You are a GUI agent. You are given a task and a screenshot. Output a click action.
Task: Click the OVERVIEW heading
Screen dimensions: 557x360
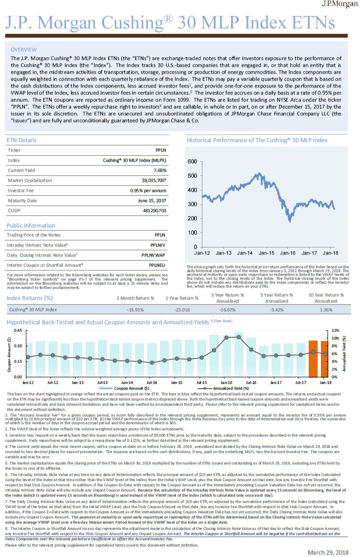tap(24, 49)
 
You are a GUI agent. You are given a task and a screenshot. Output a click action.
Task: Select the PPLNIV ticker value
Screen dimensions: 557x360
tap(158, 245)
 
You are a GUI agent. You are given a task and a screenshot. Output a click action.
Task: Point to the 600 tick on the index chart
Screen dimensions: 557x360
tap(192, 162)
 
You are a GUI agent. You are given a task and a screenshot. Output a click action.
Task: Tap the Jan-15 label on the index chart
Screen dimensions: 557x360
tap(266, 253)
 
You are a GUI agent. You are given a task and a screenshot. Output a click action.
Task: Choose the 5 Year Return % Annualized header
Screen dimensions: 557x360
tap(276, 298)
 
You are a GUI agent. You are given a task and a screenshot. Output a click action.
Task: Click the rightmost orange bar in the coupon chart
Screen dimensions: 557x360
tap(325, 359)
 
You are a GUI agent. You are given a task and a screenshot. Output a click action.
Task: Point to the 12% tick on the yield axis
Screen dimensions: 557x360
tap(336, 331)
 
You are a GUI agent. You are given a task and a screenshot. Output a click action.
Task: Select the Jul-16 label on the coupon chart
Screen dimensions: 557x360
tap(251, 382)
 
